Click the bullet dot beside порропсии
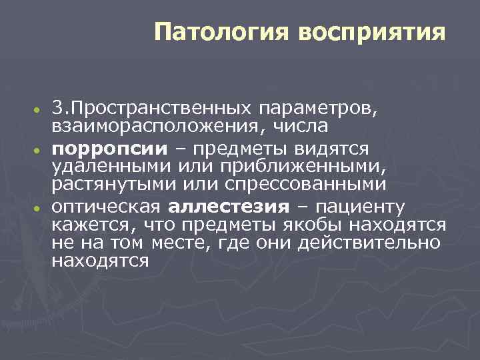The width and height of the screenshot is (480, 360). pos(40,149)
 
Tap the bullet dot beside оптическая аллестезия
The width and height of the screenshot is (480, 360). pos(40,207)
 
